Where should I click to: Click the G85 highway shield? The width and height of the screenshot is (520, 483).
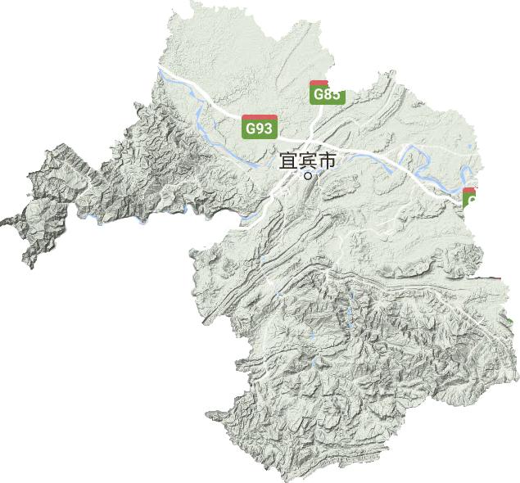[x=327, y=93]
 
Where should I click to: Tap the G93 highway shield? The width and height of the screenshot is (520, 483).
[x=259, y=127]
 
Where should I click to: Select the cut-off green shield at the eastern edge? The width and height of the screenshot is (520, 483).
[x=470, y=198]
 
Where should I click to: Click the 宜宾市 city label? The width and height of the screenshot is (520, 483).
[x=308, y=161]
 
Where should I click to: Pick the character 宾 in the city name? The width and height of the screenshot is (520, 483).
[x=308, y=161]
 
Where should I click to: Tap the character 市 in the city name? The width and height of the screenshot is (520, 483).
[x=327, y=161]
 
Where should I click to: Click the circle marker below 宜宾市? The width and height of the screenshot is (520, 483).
[x=308, y=175]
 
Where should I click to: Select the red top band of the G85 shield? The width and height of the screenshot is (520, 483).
[x=319, y=84]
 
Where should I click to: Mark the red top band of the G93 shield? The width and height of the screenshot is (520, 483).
[x=259, y=118]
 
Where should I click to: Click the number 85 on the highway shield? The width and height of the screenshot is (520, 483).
[x=331, y=94]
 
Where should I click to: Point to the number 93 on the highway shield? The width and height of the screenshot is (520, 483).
[x=263, y=129]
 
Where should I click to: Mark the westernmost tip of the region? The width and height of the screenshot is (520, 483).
[x=2, y=221]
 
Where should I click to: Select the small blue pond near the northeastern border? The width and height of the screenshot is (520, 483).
[x=468, y=147]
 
